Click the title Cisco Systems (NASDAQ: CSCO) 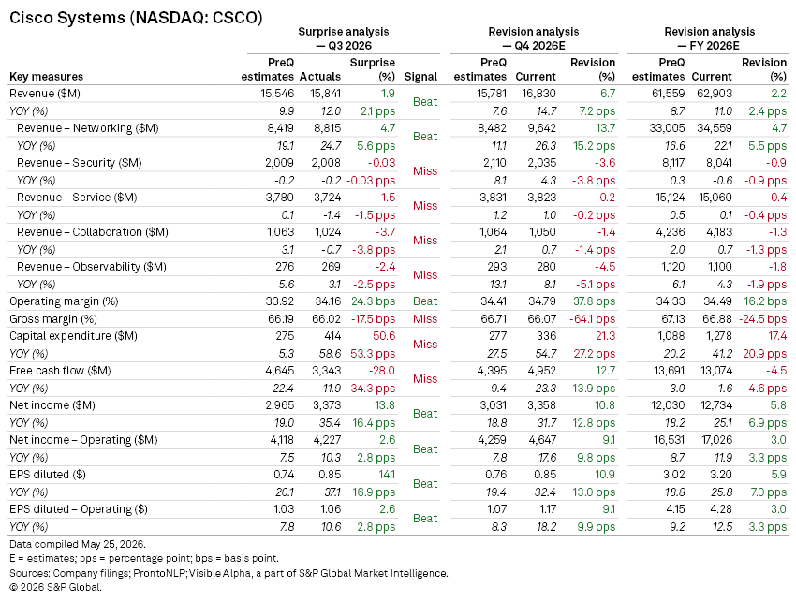[x=136, y=18]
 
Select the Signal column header [x=420, y=77]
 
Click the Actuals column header [x=320, y=77]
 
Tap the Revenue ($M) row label [x=45, y=94]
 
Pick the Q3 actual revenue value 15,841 [x=326, y=94]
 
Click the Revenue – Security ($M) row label [x=80, y=162]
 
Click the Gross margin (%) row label [x=53, y=318]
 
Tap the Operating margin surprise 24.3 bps [x=373, y=301]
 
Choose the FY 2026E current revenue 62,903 [x=715, y=94]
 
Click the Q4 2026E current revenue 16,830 [x=538, y=94]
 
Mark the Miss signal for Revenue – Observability [x=425, y=275]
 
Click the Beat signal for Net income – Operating [x=425, y=449]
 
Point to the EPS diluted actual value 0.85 [x=330, y=475]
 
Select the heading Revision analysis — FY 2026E [x=709, y=38]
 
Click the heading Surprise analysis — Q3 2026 [x=344, y=38]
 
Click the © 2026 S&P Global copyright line [x=55, y=587]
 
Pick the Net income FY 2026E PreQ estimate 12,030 [x=669, y=405]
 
